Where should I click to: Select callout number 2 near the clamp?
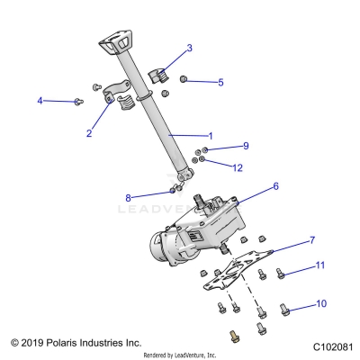click(88, 133)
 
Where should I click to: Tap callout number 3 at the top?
click(189, 48)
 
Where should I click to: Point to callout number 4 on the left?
click(40, 101)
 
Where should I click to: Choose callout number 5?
click(220, 82)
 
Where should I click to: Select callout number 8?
click(129, 197)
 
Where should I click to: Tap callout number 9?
click(245, 145)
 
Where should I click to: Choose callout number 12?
click(238, 167)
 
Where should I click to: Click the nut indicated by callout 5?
click(184, 80)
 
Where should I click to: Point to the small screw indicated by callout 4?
click(79, 102)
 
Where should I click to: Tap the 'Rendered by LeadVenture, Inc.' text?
click(180, 355)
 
